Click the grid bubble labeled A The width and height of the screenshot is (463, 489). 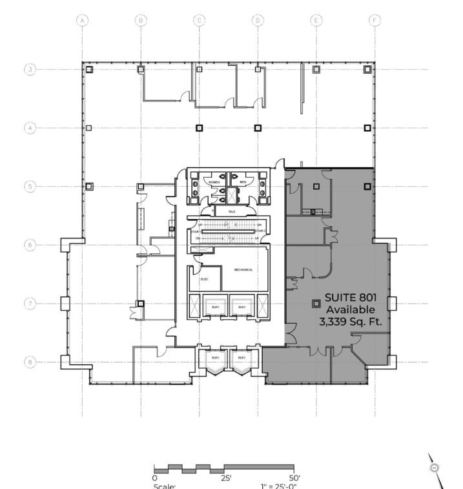[x=82, y=21]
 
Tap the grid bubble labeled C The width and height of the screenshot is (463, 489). [x=199, y=21]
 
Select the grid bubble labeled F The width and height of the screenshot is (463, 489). [x=374, y=21]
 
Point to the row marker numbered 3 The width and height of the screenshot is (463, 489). [x=30, y=69]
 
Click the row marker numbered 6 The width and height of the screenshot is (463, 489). [x=30, y=245]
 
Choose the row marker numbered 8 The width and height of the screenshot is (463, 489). [x=30, y=362]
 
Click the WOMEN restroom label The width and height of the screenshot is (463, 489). [x=214, y=183]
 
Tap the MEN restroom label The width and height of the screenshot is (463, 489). [x=243, y=183]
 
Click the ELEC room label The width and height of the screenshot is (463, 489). [x=204, y=279]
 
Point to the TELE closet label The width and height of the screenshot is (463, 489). [x=231, y=211]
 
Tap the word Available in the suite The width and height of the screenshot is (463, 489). [x=349, y=309]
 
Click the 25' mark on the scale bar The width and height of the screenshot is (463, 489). [x=226, y=478]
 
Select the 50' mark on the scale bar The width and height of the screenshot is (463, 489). [x=294, y=478]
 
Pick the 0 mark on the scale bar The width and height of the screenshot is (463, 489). [x=154, y=478]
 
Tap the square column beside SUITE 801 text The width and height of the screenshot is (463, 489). [x=316, y=303]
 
